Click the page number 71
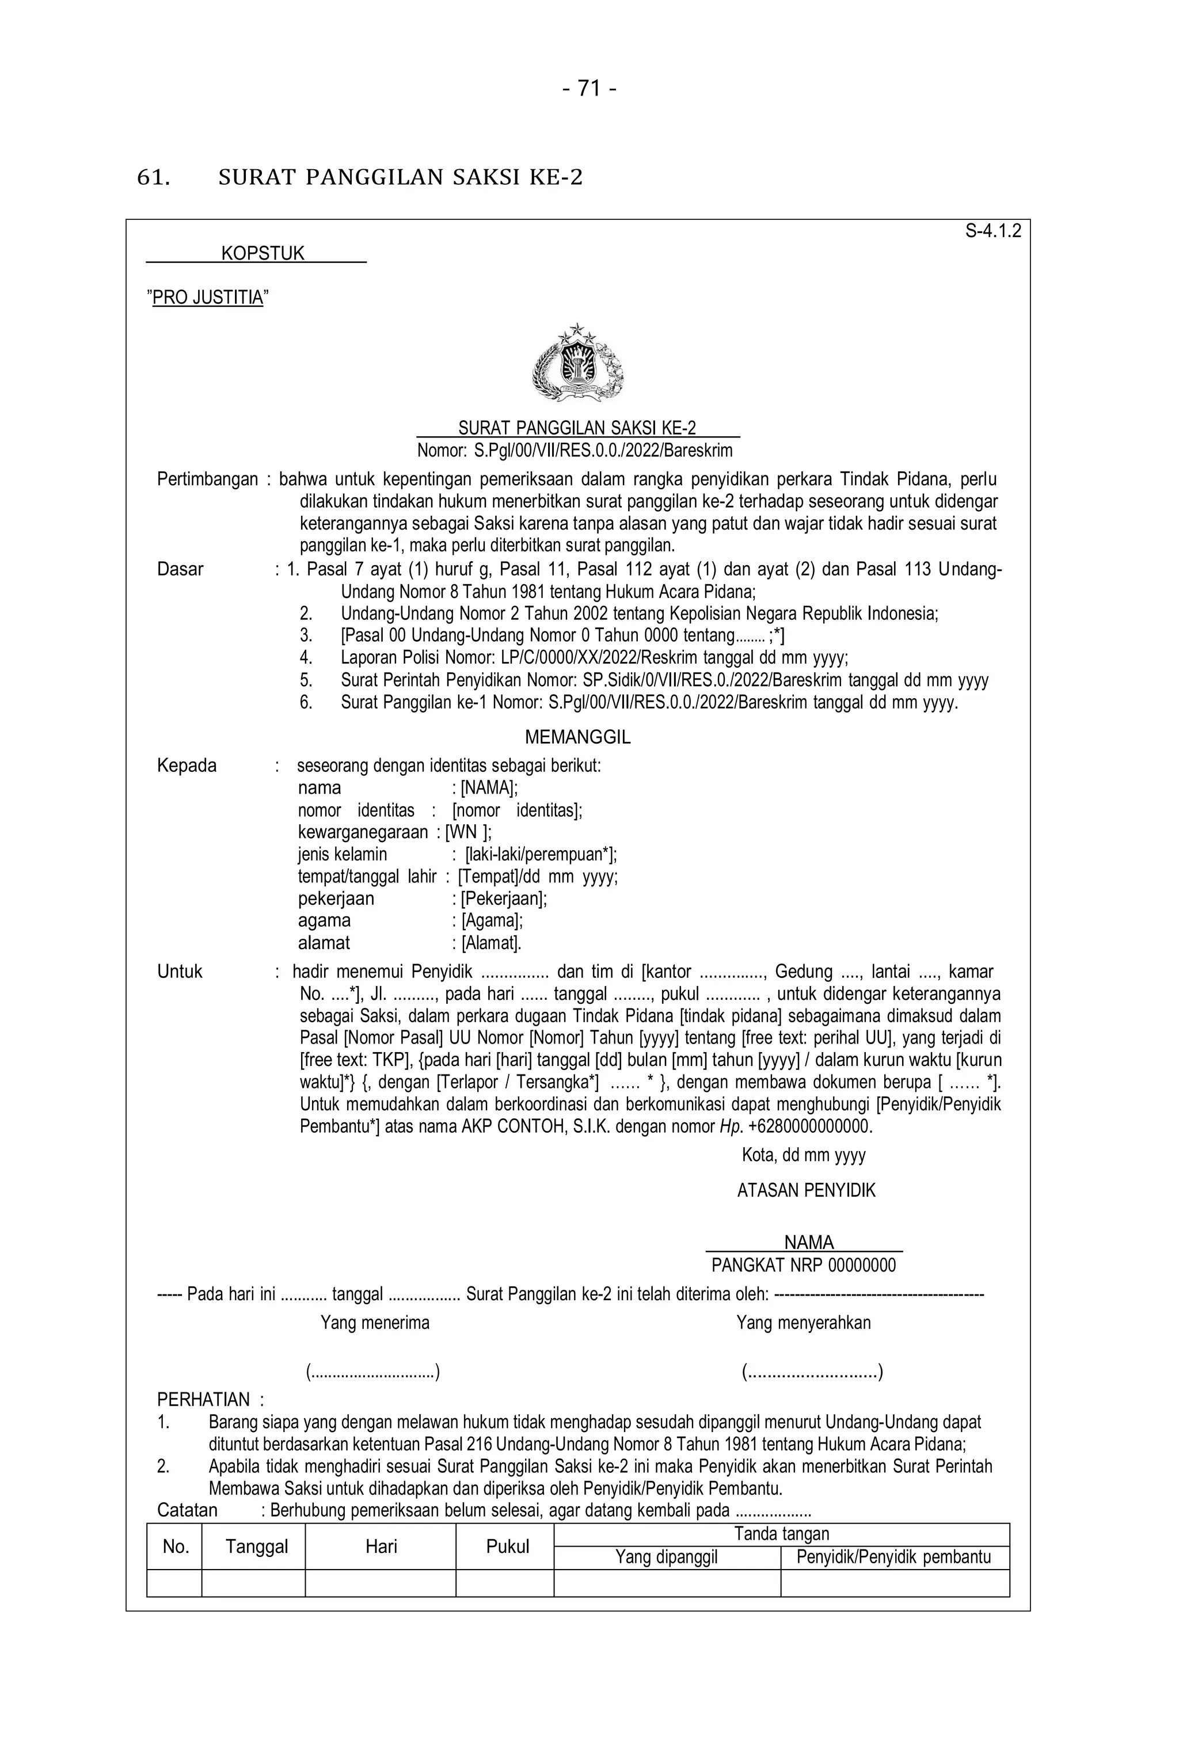[589, 89]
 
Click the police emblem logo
[577, 363]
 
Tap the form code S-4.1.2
[992, 231]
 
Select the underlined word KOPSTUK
[263, 253]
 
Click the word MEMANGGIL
[577, 737]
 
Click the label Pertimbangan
[207, 479]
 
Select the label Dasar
[180, 569]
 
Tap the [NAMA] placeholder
[489, 787]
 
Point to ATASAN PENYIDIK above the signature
[806, 1190]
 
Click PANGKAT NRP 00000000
[803, 1265]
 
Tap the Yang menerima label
[375, 1323]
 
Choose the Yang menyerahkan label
[803, 1323]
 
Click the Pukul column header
[508, 1547]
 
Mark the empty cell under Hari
[381, 1583]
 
